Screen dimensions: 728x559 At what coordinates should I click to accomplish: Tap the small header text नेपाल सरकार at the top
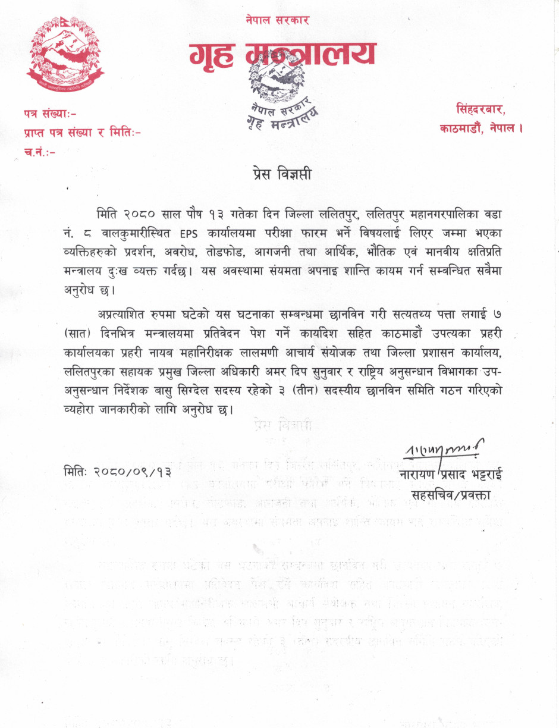(277, 20)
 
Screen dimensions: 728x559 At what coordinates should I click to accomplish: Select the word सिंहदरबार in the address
(481, 109)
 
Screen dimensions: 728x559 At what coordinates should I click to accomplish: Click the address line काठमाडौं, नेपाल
(481, 128)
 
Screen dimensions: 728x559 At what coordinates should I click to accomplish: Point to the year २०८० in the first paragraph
(140, 212)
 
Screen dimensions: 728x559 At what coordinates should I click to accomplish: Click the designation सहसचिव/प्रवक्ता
(451, 495)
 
